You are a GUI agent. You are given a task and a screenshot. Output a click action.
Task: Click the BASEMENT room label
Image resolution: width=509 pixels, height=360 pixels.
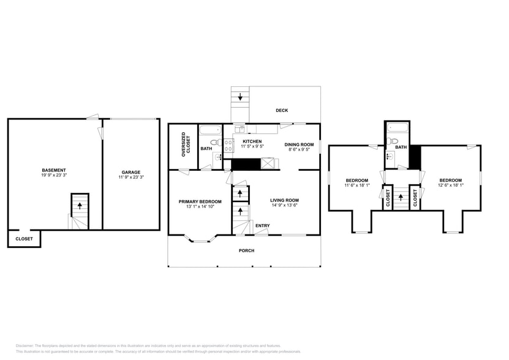click(54, 170)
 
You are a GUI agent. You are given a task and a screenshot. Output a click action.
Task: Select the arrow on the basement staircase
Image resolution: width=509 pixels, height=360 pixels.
click(78, 206)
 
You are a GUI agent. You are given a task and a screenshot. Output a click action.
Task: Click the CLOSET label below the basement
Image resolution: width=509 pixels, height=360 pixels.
click(24, 239)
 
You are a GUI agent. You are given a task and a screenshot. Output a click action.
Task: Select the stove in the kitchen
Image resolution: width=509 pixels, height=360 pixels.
click(228, 145)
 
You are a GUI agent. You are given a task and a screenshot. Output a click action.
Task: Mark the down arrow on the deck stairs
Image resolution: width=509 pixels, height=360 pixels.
click(240, 96)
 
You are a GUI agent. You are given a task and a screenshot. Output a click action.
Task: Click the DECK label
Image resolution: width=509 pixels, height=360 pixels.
click(282, 110)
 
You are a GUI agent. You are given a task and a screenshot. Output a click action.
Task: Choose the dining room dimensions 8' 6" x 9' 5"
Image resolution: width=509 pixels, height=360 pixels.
click(299, 149)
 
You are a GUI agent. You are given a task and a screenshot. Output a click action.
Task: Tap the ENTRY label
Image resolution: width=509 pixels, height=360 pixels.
click(262, 226)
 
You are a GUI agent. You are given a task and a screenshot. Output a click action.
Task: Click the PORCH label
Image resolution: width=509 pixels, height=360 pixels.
click(246, 250)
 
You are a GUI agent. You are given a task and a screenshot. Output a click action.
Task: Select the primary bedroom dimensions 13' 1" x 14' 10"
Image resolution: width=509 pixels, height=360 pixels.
click(200, 207)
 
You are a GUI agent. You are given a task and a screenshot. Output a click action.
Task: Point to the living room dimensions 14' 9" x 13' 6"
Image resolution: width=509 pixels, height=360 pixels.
click(284, 206)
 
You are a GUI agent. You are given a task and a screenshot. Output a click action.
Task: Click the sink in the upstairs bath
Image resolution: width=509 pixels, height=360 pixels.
click(390, 157)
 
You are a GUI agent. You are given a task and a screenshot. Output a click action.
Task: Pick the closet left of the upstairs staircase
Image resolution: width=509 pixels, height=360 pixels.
click(388, 197)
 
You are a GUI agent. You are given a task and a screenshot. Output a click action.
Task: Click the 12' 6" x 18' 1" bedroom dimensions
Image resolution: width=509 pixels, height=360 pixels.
click(450, 185)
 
